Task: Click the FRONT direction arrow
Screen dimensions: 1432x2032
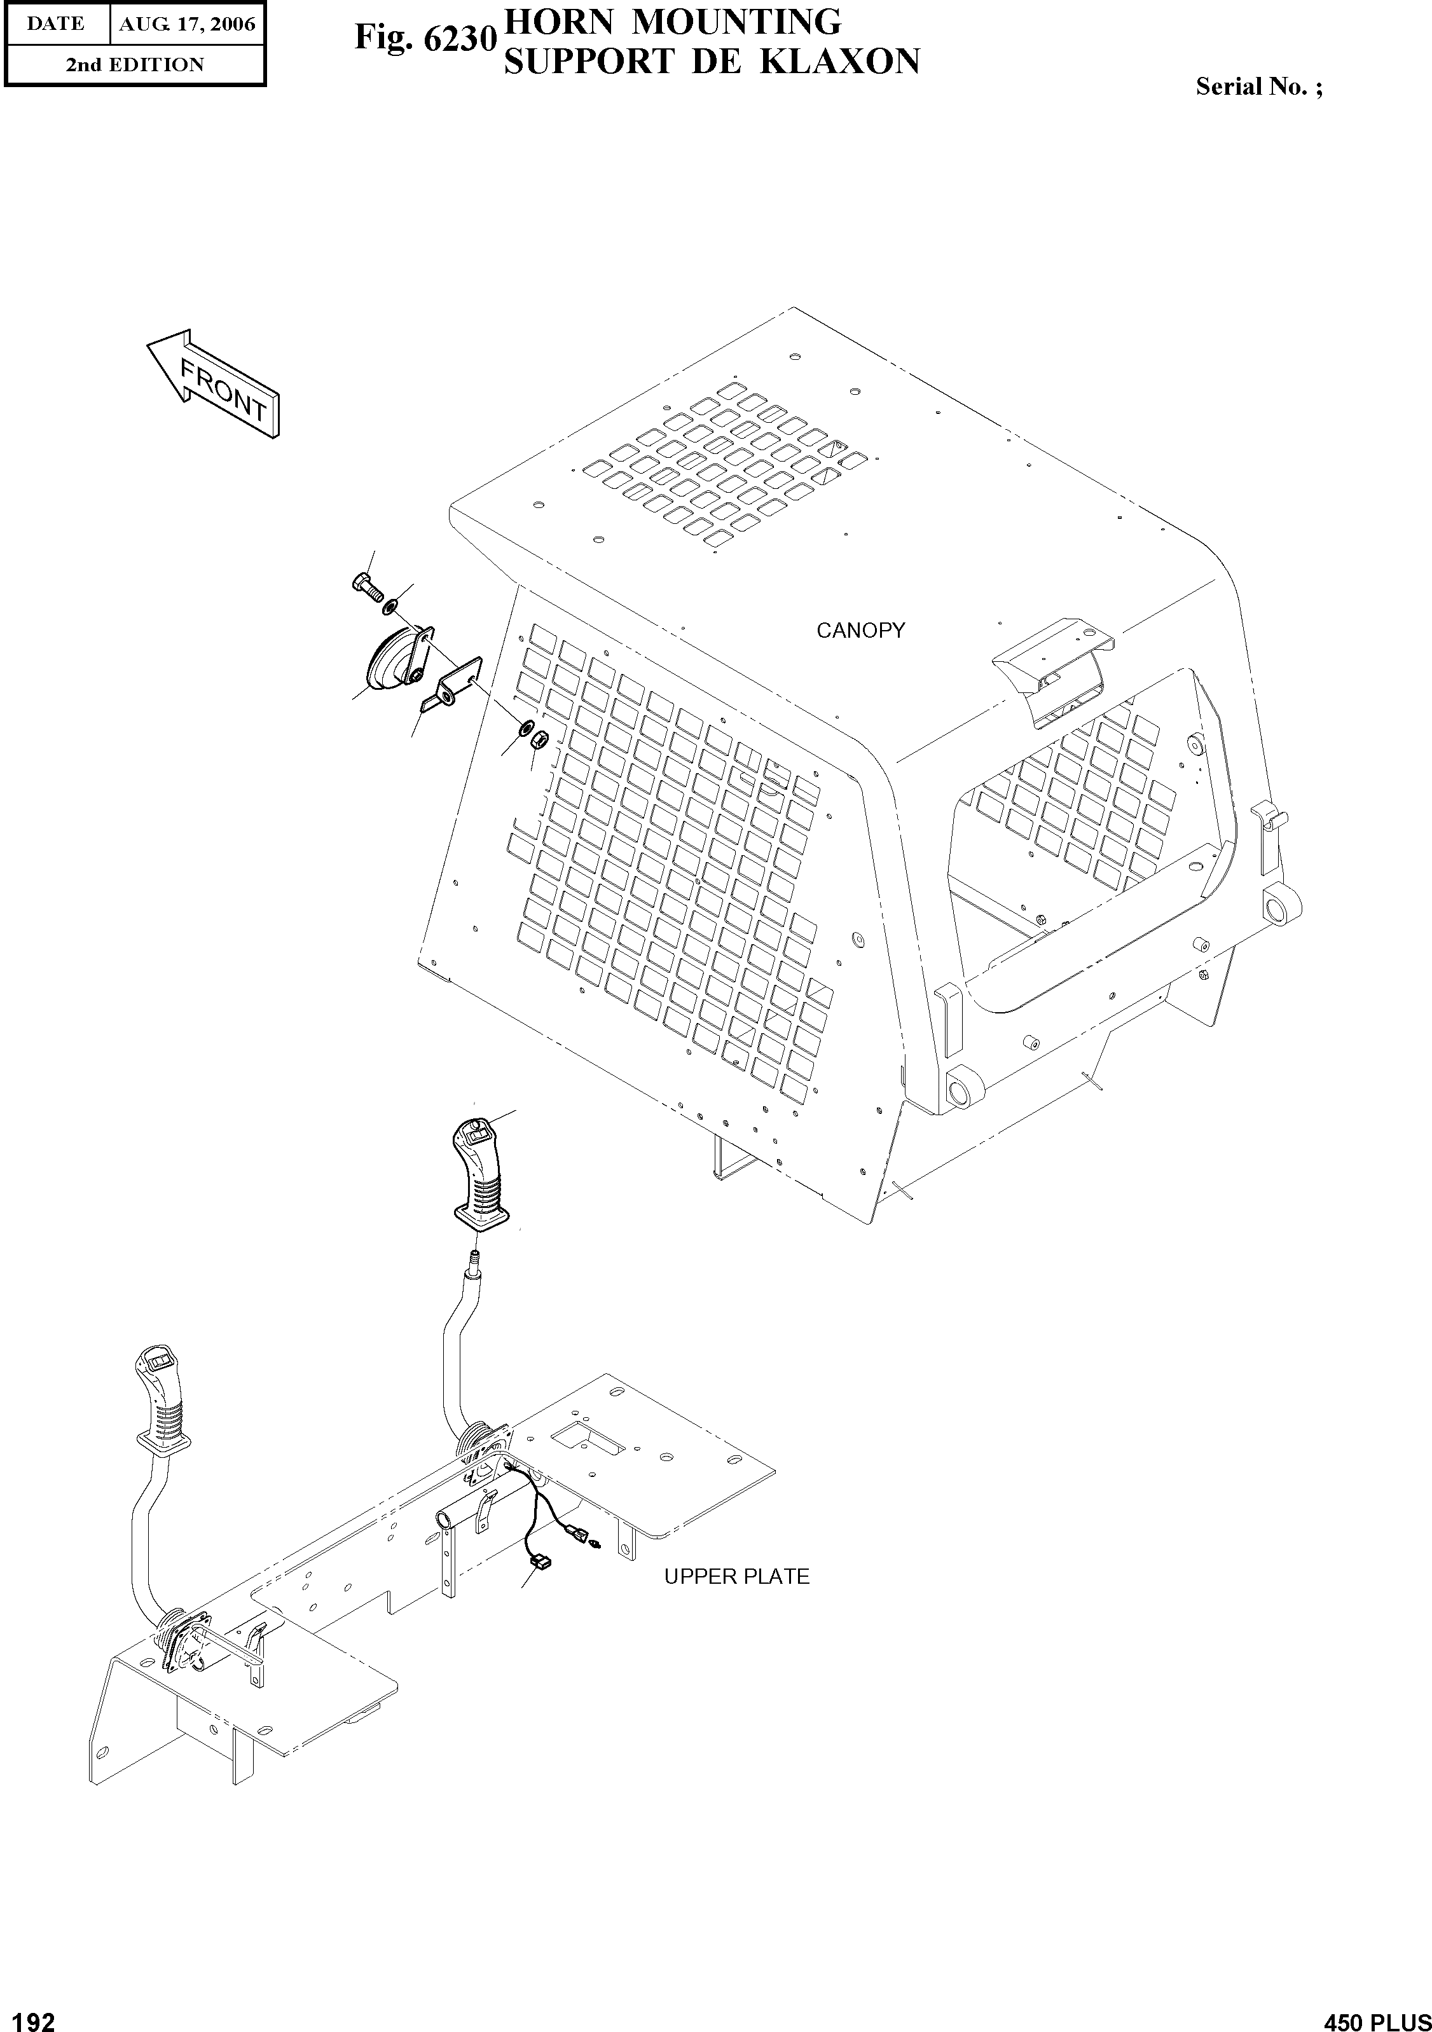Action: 213,385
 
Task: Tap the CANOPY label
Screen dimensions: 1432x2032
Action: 860,630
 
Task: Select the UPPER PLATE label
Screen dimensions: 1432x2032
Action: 736,1576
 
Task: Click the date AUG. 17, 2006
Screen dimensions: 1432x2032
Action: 187,24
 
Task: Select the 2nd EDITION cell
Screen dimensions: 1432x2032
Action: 135,65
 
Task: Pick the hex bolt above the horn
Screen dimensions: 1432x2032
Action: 364,584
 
